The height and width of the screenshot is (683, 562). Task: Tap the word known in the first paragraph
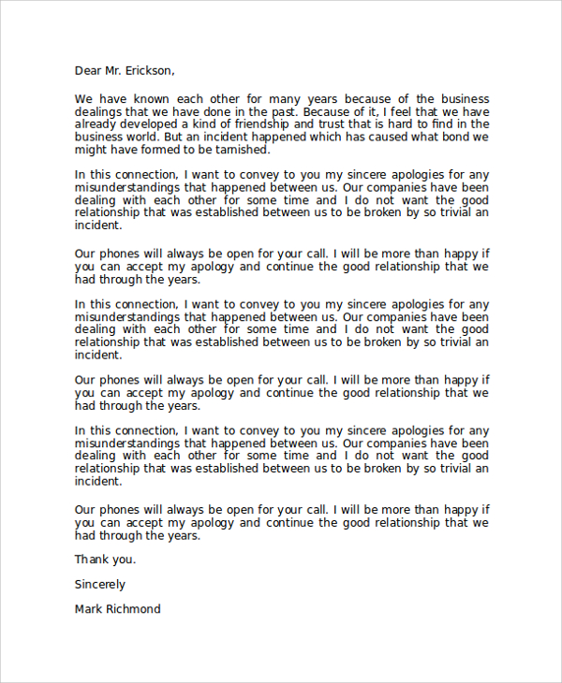[x=172, y=99]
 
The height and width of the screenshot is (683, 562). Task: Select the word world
[x=142, y=137]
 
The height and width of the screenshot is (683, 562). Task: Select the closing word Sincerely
[x=99, y=584]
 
